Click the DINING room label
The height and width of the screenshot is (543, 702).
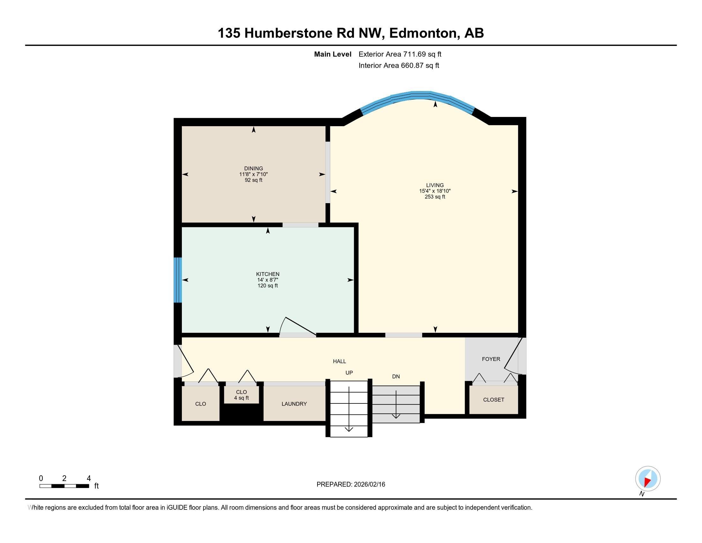(253, 168)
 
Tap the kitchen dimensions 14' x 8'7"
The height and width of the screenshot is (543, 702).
(267, 280)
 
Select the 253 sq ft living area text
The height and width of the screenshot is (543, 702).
(435, 197)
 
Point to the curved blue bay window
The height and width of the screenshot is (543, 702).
(417, 95)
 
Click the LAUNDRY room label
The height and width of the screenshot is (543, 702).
(294, 404)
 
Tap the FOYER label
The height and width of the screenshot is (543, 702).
(491, 359)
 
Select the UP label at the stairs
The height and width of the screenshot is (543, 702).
(349, 372)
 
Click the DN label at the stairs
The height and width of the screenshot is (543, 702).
(396, 376)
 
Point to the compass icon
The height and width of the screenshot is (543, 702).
(648, 479)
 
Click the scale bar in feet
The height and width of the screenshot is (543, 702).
(64, 486)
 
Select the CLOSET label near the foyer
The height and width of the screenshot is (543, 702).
(493, 400)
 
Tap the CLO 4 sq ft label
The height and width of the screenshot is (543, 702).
(242, 395)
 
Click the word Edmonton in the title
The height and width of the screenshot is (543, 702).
(424, 33)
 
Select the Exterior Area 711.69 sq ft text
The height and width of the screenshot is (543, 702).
(400, 54)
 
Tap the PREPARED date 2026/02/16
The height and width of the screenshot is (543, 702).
(351, 485)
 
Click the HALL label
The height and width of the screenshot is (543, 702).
(339, 361)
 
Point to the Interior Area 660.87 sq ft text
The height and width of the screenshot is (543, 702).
(399, 65)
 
